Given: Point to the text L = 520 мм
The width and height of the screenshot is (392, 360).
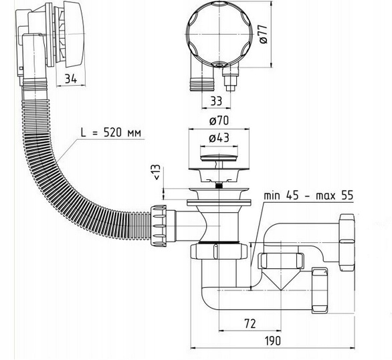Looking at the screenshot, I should pyautogui.click(x=111, y=131).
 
